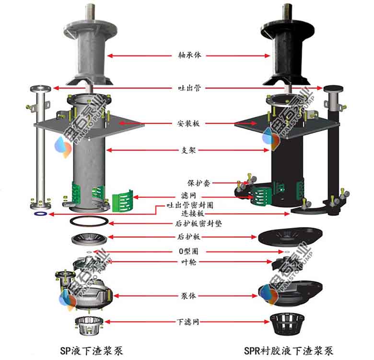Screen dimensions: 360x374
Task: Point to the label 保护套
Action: tap(198, 183)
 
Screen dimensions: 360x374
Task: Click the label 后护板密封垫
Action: tap(199, 224)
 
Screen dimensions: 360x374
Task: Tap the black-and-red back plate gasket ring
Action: tap(89, 221)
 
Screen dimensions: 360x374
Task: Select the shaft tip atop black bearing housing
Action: tap(287, 9)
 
